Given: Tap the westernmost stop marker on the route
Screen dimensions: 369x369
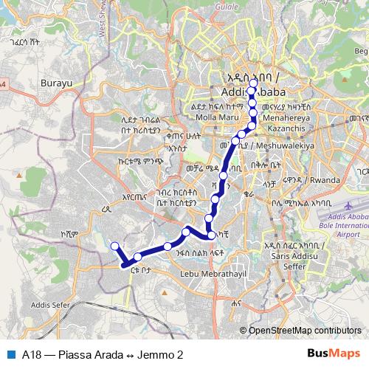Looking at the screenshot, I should (x=114, y=246).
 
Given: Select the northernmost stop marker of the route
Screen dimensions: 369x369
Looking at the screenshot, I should (x=252, y=91).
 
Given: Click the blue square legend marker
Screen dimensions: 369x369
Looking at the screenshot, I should (x=10, y=354).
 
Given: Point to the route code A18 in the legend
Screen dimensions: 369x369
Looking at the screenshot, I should (x=32, y=354).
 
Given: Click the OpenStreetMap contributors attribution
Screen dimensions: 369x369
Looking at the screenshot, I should (x=305, y=330).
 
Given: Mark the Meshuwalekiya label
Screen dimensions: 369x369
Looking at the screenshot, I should (x=282, y=145).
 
